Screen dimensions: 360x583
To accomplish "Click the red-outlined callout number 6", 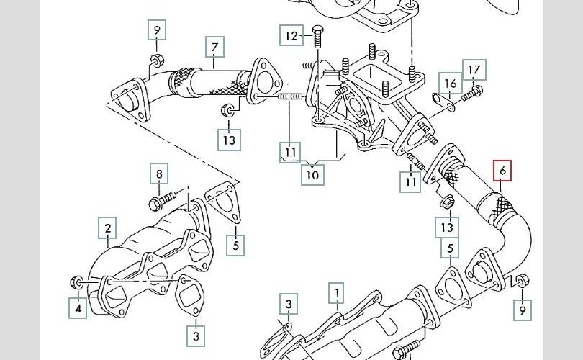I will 502,171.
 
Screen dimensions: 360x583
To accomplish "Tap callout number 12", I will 291,35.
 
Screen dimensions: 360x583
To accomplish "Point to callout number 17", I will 474,70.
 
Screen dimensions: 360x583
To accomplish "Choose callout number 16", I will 450,84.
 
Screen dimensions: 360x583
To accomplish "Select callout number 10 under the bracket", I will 313,174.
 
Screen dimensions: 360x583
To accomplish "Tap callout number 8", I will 160,174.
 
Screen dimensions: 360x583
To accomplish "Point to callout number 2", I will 107,230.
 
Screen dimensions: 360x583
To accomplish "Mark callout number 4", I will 78,308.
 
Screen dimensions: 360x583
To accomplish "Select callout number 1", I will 335,292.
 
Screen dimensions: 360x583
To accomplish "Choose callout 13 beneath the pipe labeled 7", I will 229,139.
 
